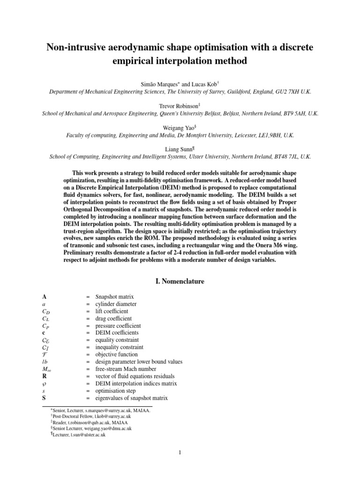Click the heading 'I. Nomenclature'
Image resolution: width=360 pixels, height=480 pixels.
click(x=180, y=281)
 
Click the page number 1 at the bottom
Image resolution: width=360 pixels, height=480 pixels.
click(x=180, y=452)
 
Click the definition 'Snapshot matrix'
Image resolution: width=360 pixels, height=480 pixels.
click(x=114, y=297)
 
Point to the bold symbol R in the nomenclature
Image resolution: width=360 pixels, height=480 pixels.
click(x=44, y=376)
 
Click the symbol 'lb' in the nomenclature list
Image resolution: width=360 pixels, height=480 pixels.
click(x=45, y=362)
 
